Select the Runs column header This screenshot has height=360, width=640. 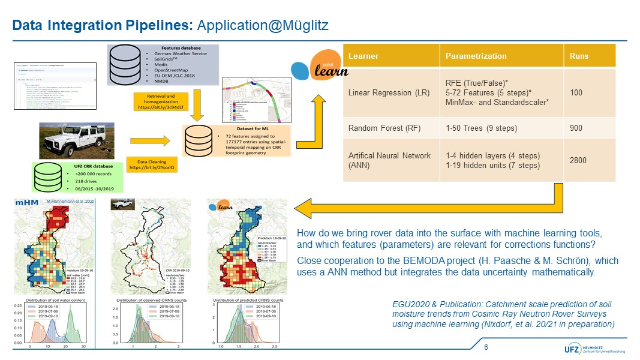(579, 56)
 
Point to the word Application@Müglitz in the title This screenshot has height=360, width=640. (262, 26)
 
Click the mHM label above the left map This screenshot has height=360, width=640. (22, 203)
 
